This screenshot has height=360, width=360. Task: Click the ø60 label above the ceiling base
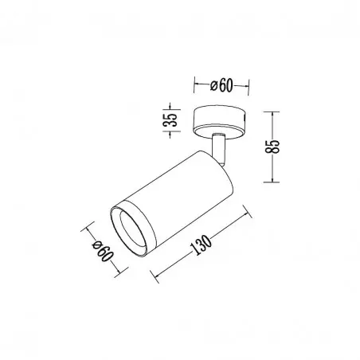click(x=221, y=85)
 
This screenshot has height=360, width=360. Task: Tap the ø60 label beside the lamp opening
click(x=103, y=251)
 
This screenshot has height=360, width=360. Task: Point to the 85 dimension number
click(x=272, y=147)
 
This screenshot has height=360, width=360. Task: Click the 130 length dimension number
click(x=201, y=245)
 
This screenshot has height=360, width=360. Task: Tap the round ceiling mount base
click(x=220, y=122)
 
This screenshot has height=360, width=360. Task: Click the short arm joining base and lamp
click(x=219, y=149)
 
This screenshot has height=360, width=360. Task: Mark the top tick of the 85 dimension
click(x=272, y=112)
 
